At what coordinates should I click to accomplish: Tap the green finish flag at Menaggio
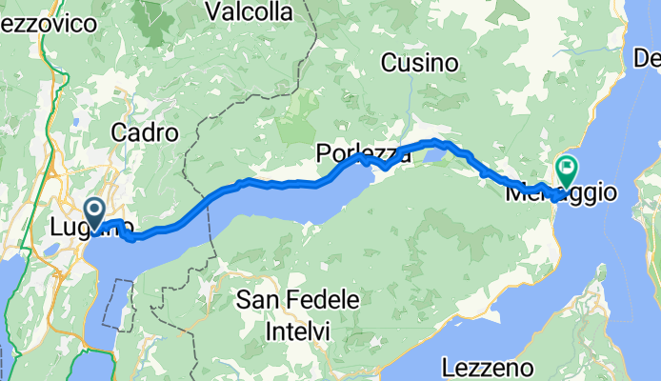(568, 170)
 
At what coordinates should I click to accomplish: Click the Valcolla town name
(250, 11)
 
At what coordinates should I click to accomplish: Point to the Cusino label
(420, 64)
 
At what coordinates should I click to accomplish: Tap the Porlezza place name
(364, 153)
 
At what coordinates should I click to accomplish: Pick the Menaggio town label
(562, 192)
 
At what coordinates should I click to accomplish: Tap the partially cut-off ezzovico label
(47, 27)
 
